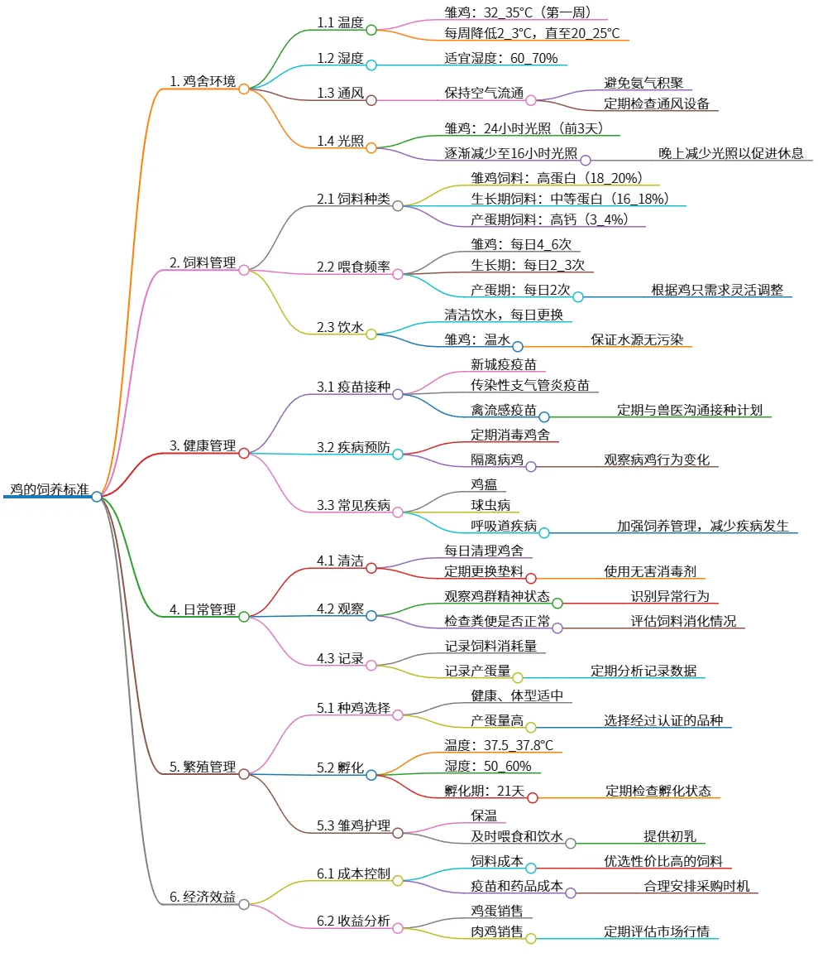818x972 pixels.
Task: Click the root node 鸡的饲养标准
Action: tap(49, 488)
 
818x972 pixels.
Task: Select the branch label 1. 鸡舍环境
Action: tap(202, 81)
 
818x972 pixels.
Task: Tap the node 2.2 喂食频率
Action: tap(353, 267)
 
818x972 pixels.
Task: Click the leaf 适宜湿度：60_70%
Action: tap(500, 58)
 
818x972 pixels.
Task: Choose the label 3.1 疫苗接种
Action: tap(353, 387)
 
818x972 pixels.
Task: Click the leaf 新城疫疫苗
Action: tap(503, 364)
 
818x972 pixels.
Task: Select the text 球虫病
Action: tap(490, 505)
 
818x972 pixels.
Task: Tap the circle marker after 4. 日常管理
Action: tap(244, 616)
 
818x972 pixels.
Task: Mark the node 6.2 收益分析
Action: tap(353, 923)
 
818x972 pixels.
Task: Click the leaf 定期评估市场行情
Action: tap(657, 931)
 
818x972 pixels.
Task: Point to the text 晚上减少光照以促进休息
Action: tap(730, 153)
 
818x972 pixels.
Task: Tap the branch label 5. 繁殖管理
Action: tap(202, 767)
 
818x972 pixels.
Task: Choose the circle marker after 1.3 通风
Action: tap(371, 100)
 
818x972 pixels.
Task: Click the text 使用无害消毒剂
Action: tap(649, 571)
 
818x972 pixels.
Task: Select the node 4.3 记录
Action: tap(339, 658)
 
